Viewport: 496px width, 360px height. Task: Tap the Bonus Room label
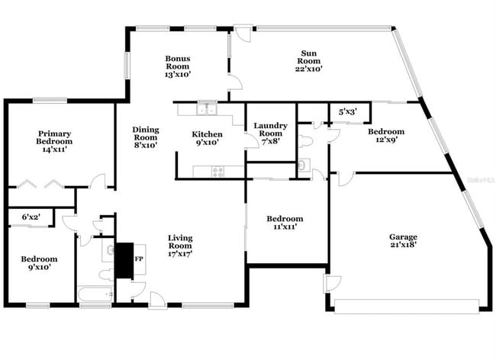pyautogui.click(x=178, y=66)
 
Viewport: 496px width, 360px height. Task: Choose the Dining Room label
pyautogui.click(x=145, y=137)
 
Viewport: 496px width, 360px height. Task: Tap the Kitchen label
pyautogui.click(x=207, y=138)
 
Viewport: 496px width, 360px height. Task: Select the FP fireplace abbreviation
pyautogui.click(x=139, y=259)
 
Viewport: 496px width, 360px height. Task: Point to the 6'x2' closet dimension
pyautogui.click(x=31, y=217)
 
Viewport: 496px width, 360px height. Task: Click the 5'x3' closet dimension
pyautogui.click(x=349, y=112)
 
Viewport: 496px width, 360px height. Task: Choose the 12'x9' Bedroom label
pyautogui.click(x=386, y=136)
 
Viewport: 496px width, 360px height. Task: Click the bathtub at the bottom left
pyautogui.click(x=95, y=294)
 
